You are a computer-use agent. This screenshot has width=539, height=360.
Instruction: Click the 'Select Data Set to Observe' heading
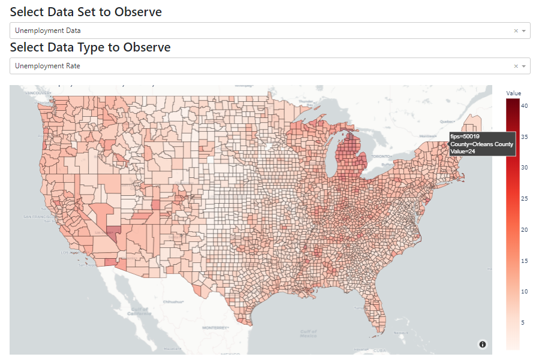pyautogui.click(x=86, y=11)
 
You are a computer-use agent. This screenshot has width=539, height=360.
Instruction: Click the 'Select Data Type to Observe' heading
pyautogui.click(x=90, y=47)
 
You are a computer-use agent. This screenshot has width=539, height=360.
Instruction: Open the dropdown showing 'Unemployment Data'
pyautogui.click(x=258, y=31)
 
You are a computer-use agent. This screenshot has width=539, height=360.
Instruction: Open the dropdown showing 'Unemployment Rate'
pyautogui.click(x=258, y=66)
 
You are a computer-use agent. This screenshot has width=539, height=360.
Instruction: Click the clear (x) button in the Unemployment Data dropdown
pyautogui.click(x=516, y=31)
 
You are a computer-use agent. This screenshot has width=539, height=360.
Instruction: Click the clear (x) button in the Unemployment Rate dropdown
pyautogui.click(x=516, y=66)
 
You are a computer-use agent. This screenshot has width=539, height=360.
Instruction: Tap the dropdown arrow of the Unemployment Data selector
pyautogui.click(x=523, y=31)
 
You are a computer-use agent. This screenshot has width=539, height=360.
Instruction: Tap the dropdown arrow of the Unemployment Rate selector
pyautogui.click(x=523, y=66)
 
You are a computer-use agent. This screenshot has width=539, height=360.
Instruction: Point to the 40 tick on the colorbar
pyautogui.click(x=524, y=105)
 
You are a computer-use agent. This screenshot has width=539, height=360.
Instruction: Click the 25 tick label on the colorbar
pyautogui.click(x=524, y=198)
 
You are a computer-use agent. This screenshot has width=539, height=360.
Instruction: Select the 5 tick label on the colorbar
pyautogui.click(x=523, y=322)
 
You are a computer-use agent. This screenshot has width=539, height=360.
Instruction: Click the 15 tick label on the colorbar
pyautogui.click(x=524, y=261)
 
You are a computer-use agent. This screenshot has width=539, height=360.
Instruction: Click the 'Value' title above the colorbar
pyautogui.click(x=513, y=93)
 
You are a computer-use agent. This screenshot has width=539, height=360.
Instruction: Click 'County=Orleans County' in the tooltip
pyautogui.click(x=481, y=144)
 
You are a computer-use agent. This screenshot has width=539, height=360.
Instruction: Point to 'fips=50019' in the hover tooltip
pyautogui.click(x=465, y=137)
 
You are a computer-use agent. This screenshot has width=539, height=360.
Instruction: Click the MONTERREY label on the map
pyautogui.click(x=216, y=328)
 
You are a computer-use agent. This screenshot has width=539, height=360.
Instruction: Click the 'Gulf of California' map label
pyautogui.click(x=138, y=312)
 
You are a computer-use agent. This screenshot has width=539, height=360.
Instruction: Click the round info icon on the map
pyautogui.click(x=483, y=344)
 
